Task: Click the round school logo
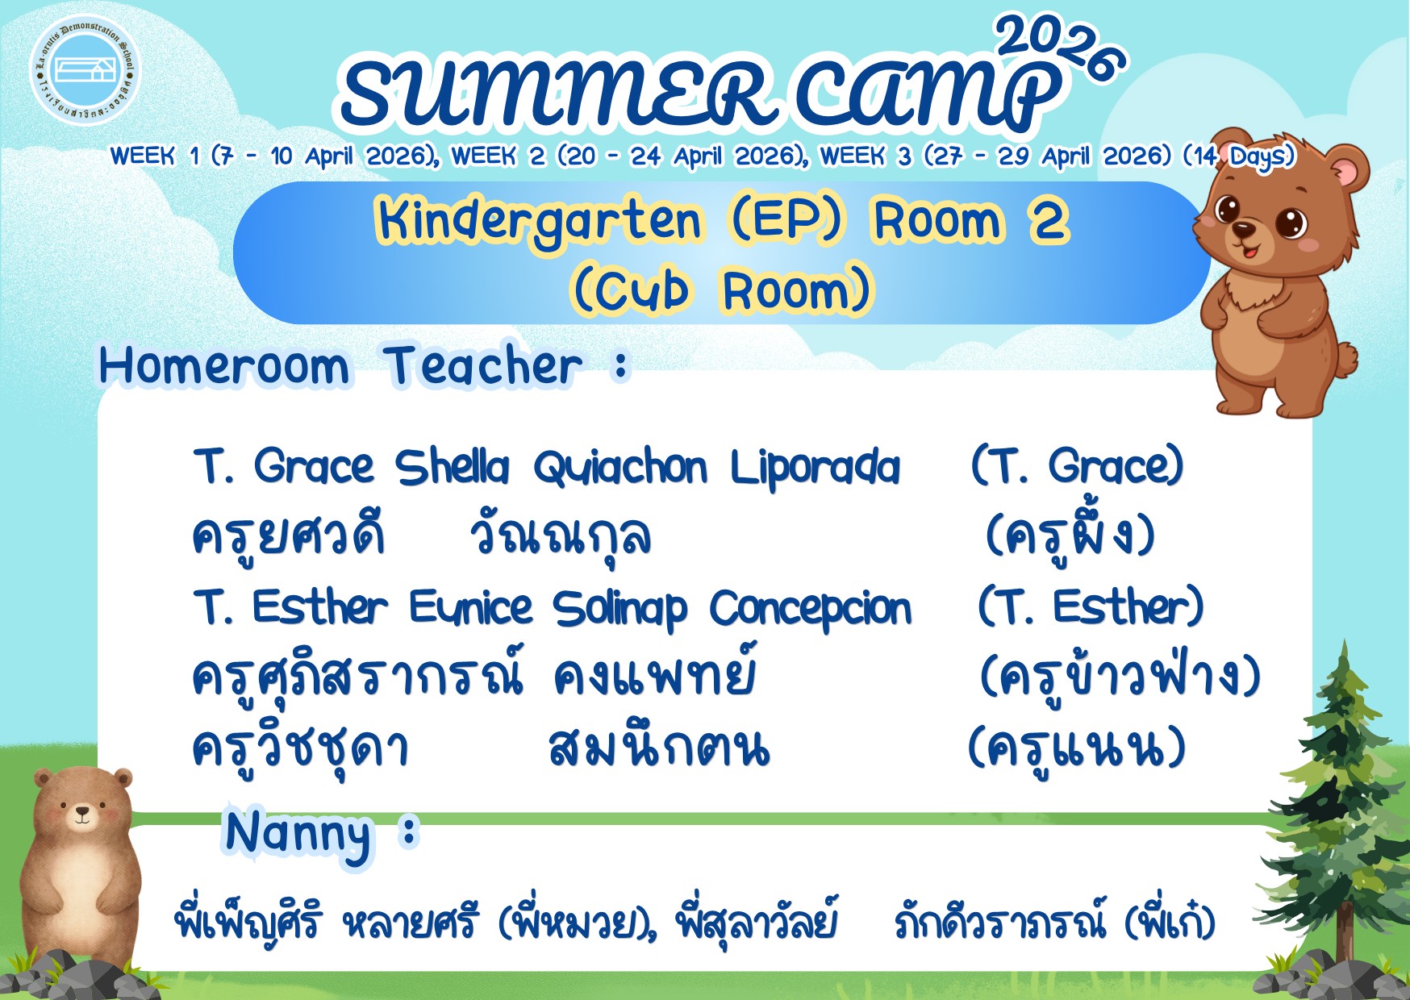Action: tap(85, 70)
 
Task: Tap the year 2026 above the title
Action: tap(1062, 46)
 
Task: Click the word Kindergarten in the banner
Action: tap(539, 221)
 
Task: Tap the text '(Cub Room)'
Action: tap(721, 290)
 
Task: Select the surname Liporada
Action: tap(815, 469)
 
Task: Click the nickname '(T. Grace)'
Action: tap(1077, 466)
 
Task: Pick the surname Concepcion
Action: tap(810, 610)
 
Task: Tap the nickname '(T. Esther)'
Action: tap(1091, 606)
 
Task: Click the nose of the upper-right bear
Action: tap(1244, 230)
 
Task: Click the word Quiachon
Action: tap(619, 468)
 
